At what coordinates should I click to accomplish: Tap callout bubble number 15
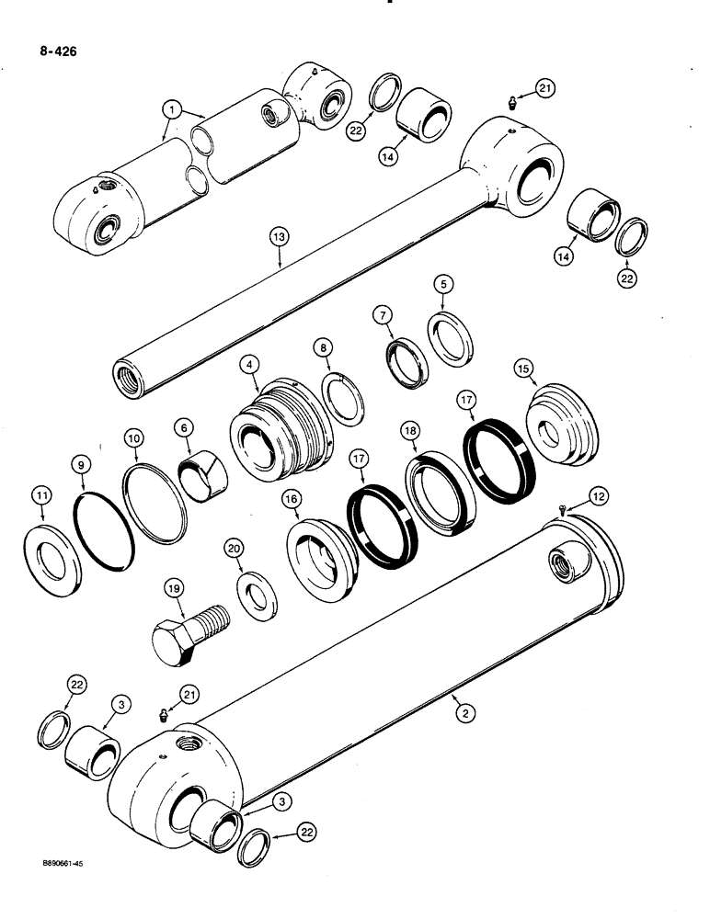[x=549, y=368]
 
